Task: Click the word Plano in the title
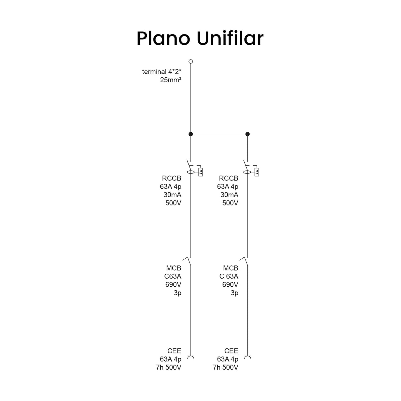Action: click(163, 38)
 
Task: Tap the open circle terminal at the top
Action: click(190, 61)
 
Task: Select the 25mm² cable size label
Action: click(171, 80)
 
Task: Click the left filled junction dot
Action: click(190, 134)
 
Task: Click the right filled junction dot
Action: click(247, 134)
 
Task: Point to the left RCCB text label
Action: click(172, 178)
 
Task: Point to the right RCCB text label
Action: click(229, 178)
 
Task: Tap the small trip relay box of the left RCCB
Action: click(200, 172)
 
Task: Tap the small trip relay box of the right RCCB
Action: click(257, 172)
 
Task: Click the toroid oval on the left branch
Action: click(190, 172)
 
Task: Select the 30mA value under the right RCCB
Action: click(229, 195)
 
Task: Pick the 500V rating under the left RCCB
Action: click(173, 203)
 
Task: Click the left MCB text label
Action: click(174, 268)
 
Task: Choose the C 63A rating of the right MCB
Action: click(229, 276)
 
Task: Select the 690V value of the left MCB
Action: click(173, 284)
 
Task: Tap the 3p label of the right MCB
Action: click(235, 293)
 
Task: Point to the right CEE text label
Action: click(231, 351)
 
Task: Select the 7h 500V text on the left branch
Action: click(169, 368)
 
